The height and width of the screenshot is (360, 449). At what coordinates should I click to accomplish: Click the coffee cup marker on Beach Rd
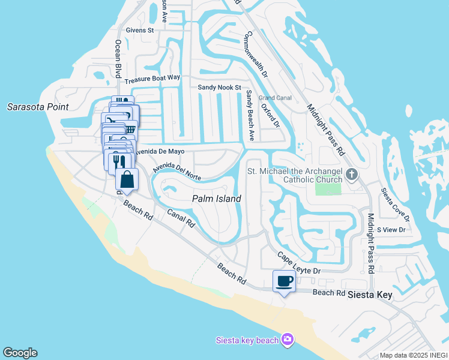point(284,281)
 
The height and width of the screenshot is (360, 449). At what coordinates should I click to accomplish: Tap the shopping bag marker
point(127,179)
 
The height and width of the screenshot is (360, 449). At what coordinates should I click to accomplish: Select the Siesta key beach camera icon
point(288,340)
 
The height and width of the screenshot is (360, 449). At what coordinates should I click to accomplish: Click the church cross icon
point(352,175)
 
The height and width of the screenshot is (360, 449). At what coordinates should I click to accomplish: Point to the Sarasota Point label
point(38,107)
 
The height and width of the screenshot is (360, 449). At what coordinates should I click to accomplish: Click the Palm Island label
point(216,199)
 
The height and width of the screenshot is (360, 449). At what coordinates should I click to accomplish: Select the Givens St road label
point(140,29)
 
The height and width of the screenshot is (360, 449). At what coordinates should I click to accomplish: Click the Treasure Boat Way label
point(152,77)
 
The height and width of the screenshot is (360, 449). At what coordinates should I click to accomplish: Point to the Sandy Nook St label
point(219,87)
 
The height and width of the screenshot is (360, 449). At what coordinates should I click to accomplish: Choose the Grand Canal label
point(274,97)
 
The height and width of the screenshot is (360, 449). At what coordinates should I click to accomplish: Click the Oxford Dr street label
point(270,115)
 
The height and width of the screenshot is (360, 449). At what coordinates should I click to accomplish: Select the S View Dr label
point(391,230)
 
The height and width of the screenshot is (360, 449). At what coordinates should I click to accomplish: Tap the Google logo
point(20,353)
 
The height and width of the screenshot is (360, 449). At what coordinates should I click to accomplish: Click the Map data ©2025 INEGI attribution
point(413,355)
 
